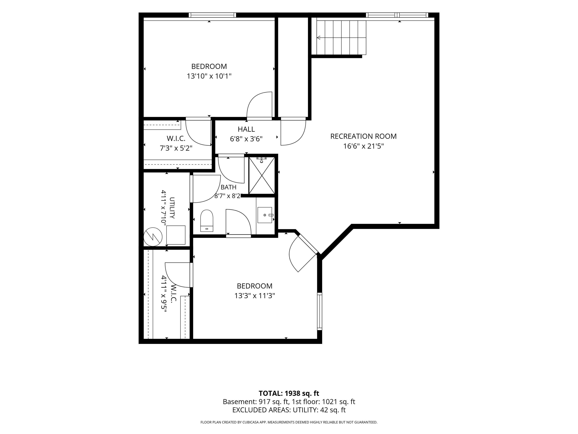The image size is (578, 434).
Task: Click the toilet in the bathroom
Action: [207, 221]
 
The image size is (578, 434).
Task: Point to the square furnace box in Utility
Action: [176, 235]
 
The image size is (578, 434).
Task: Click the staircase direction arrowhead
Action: [319, 38]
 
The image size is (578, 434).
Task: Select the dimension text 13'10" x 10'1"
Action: [209, 76]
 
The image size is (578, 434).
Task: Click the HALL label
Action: [246, 129]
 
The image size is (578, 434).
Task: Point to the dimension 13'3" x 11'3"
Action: [255, 296]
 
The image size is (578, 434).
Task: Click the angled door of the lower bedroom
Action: [303, 253]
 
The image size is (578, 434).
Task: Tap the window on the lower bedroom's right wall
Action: [319, 311]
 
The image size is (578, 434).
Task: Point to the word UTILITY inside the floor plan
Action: [172, 208]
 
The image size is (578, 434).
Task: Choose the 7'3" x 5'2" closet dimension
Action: [176, 148]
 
